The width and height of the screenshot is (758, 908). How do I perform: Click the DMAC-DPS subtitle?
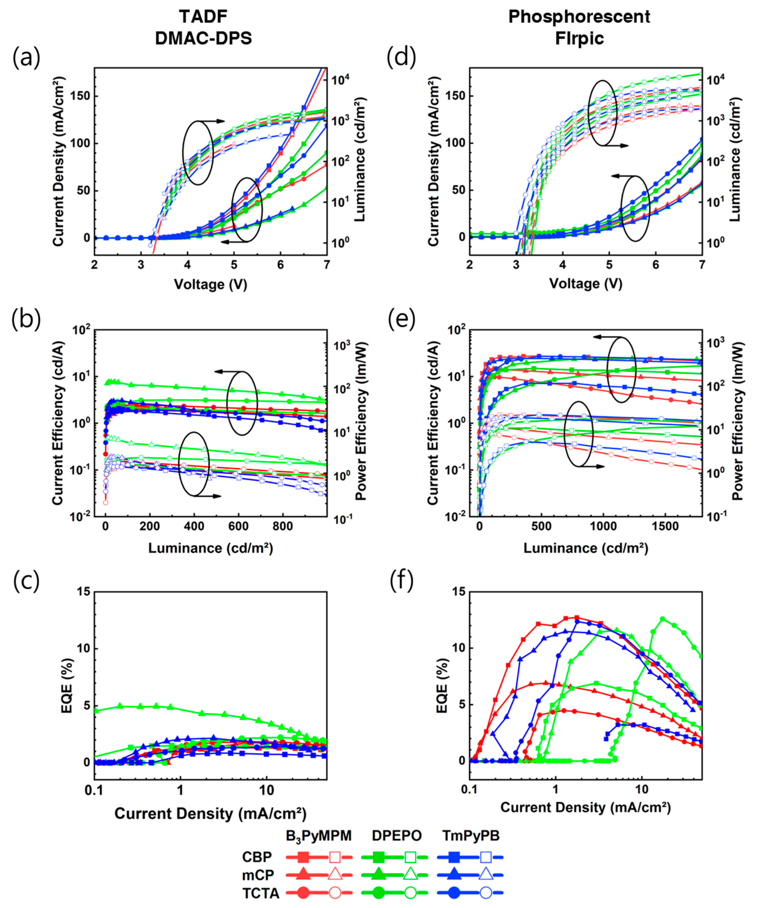point(203,39)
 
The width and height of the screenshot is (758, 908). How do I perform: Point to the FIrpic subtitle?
point(579,39)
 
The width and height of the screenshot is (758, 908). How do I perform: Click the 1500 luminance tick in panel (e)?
point(665,527)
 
